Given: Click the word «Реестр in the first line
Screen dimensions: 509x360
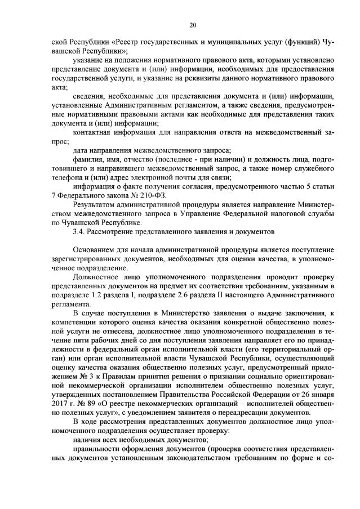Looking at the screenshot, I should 125,42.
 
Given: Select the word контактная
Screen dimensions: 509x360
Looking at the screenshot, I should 94,132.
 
